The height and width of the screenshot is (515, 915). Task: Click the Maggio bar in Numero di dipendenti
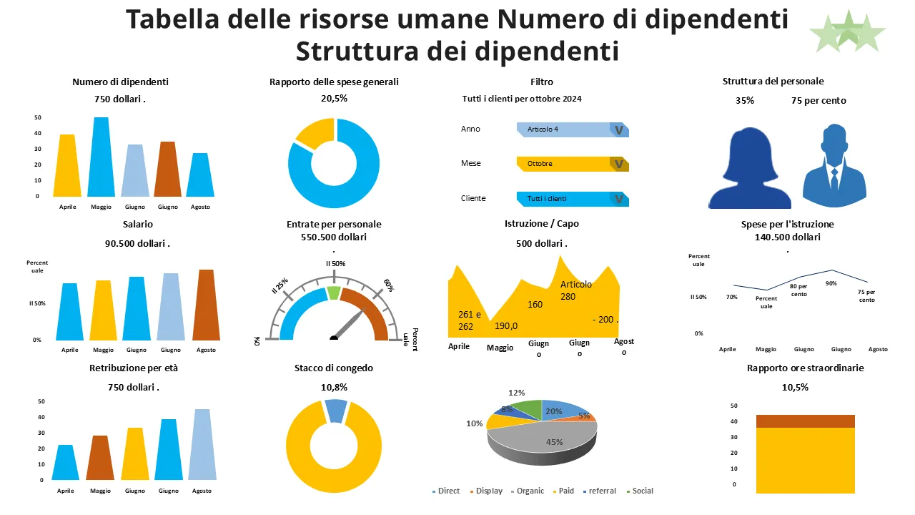point(102,157)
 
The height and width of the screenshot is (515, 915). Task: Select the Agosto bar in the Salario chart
point(205,305)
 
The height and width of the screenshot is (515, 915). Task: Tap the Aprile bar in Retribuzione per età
point(66,463)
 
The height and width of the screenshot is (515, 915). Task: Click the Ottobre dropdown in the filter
point(572,164)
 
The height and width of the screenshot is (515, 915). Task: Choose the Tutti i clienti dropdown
point(572,199)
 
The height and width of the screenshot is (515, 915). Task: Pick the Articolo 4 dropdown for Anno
point(572,129)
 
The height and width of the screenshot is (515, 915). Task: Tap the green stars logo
point(848,31)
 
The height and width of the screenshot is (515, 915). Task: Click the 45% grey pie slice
point(550,438)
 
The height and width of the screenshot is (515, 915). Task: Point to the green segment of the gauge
point(334,293)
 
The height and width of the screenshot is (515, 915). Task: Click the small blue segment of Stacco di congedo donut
point(335,410)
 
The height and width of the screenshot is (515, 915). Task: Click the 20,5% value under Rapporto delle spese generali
point(334,99)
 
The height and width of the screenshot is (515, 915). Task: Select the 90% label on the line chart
point(831,283)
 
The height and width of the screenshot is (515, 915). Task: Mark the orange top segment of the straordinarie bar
point(805,421)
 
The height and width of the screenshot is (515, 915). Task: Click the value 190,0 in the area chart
point(506,326)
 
